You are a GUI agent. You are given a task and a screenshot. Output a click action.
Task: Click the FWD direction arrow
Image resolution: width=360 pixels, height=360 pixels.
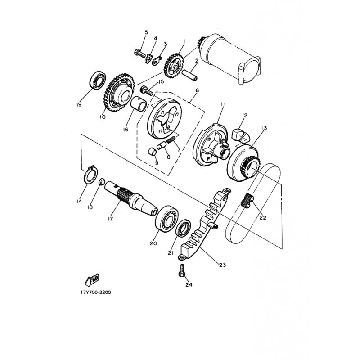[x=92, y=280]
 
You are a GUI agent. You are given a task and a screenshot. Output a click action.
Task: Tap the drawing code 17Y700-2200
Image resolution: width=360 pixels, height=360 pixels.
[x=96, y=292]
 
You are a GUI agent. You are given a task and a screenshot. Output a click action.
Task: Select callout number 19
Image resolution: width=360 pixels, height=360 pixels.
[x=79, y=105]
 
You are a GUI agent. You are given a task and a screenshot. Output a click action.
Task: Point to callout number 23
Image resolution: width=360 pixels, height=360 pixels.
[x=222, y=265]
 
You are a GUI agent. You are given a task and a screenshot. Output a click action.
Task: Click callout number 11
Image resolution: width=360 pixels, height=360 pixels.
[x=223, y=104]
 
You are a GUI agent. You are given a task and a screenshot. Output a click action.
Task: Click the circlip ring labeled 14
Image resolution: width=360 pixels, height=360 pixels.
[x=91, y=175]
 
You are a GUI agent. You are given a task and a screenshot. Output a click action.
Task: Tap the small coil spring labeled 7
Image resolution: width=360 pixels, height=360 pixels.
[x=171, y=139]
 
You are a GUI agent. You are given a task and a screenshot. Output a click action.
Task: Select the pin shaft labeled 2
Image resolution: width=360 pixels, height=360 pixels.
[x=189, y=75]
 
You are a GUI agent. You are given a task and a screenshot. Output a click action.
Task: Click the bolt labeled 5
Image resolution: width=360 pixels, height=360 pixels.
[x=140, y=54]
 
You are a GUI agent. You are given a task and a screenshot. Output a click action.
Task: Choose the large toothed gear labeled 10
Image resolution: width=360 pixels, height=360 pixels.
[x=118, y=92]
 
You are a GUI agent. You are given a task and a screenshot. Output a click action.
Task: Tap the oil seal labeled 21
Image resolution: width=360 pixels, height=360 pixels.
[x=183, y=228]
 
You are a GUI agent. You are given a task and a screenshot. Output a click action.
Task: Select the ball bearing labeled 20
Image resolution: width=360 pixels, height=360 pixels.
[x=167, y=219]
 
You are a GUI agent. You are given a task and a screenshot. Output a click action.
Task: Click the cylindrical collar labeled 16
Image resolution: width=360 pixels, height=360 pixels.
[x=139, y=104]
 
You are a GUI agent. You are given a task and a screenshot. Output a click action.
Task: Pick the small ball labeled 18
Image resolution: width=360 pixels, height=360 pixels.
[x=102, y=182]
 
